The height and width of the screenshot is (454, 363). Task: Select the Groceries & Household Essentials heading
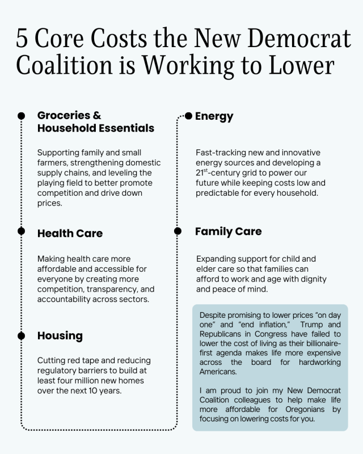coord(95,121)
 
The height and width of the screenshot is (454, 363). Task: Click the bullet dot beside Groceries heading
coord(22,115)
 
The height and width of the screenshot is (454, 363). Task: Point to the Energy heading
coord(214,116)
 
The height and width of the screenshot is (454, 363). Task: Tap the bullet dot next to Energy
coord(189,116)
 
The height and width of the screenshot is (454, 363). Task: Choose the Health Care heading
coord(70,233)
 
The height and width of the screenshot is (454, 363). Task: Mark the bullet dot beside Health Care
coord(22,231)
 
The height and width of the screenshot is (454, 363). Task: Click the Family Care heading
coord(228,232)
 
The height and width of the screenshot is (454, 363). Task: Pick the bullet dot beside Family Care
coord(178,231)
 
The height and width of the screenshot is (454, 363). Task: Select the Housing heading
coord(60,335)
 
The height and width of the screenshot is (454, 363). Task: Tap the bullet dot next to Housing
coord(22,335)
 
